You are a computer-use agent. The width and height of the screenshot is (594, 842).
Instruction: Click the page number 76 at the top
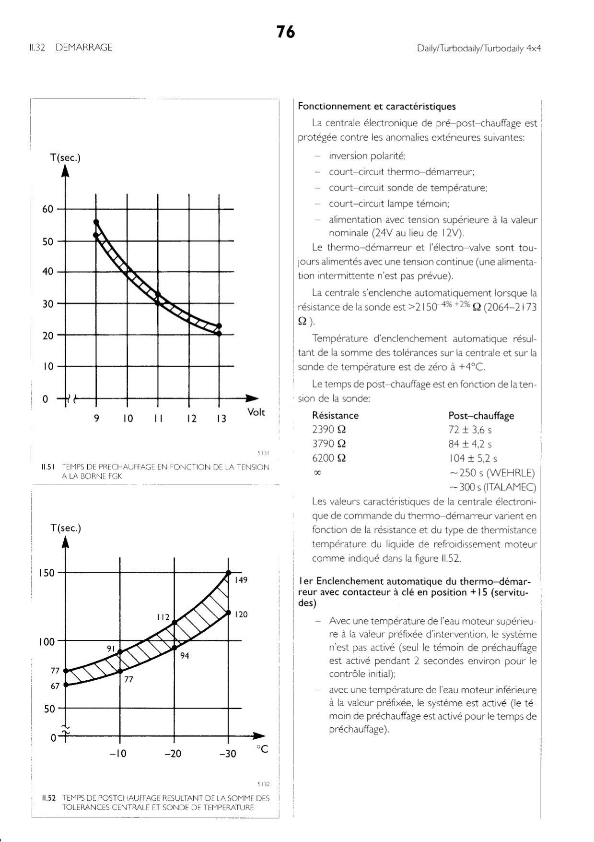pos(286,32)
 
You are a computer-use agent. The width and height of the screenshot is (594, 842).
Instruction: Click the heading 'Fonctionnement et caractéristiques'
pos(376,107)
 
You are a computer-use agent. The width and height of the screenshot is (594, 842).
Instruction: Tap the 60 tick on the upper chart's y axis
pos(48,209)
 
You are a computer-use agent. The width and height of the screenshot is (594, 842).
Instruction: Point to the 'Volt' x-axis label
pos(256,412)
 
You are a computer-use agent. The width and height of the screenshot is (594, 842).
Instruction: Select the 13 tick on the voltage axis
pos(221,419)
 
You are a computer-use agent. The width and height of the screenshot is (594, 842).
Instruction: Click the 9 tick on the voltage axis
pos(96,419)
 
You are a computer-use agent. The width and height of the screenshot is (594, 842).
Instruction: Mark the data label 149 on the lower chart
pos(241,580)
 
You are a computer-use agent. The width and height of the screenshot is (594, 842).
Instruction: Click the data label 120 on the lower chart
pos(241,614)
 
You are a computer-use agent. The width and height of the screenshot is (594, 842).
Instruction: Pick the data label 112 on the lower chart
pos(163,617)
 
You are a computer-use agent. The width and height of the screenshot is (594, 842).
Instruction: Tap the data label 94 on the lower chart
pos(185,656)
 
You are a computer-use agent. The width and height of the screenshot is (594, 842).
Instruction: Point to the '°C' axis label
pos(262,749)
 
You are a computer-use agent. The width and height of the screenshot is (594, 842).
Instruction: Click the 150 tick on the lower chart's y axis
pos(47,573)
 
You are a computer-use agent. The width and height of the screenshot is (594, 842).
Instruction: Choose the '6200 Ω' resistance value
pos(329,458)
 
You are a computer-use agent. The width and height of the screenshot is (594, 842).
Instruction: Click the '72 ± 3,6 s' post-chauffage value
pos(470,430)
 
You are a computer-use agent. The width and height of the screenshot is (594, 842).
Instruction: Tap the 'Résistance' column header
pos(335,416)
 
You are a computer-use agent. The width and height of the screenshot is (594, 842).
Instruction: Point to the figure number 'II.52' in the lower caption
pos(49,798)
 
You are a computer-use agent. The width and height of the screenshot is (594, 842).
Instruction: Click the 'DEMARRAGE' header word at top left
pos(84,48)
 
